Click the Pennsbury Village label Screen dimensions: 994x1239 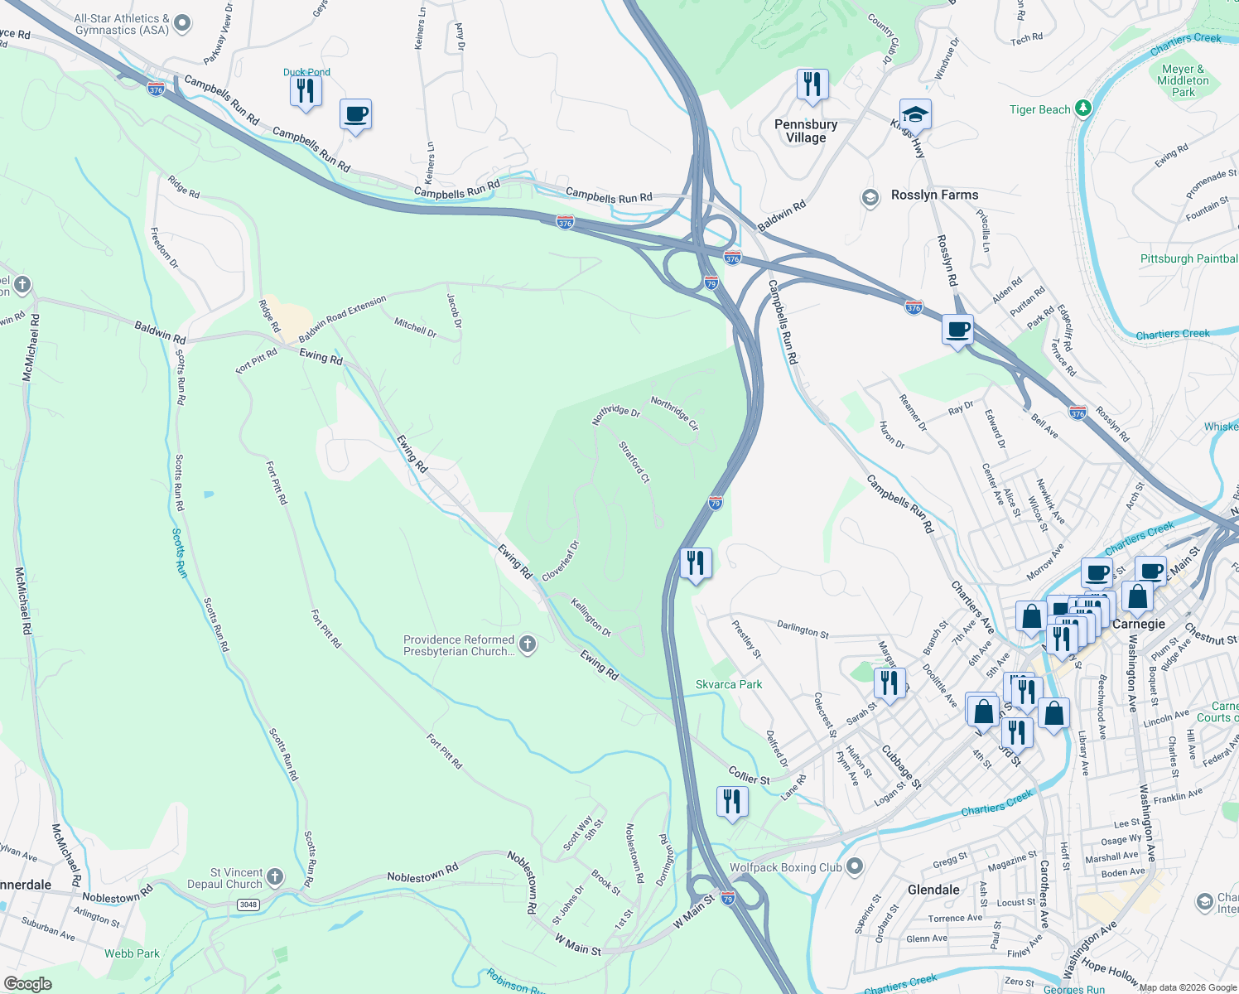pyautogui.click(x=806, y=131)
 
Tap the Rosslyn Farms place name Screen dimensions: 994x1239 pyautogui.click(x=934, y=195)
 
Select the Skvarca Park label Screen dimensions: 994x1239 pyautogui.click(x=729, y=684)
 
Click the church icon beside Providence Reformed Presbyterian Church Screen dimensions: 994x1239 pyautogui.click(x=528, y=644)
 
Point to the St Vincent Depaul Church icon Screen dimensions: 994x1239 pyautogui.click(x=276, y=876)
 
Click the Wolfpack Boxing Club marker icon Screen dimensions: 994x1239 pyautogui.click(x=856, y=867)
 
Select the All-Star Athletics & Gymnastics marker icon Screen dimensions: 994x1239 pyautogui.click(x=184, y=23)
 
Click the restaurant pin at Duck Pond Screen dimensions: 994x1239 pyautogui.click(x=306, y=89)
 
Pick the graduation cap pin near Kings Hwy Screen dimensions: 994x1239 pyautogui.click(x=915, y=113)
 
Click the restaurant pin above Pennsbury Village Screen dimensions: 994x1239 pyautogui.click(x=812, y=84)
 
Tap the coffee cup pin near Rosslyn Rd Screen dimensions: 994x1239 pyautogui.click(x=958, y=330)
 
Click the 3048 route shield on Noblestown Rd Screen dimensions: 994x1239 pyautogui.click(x=248, y=904)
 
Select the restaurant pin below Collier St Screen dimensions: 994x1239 pyautogui.click(x=731, y=801)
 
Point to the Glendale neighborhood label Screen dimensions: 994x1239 pyautogui.click(x=933, y=890)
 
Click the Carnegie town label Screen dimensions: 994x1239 pyautogui.click(x=1138, y=624)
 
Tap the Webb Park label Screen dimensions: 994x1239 pyautogui.click(x=132, y=953)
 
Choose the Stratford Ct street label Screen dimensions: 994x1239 pyautogui.click(x=634, y=462)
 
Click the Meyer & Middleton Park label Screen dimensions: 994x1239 pyautogui.click(x=1183, y=80)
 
